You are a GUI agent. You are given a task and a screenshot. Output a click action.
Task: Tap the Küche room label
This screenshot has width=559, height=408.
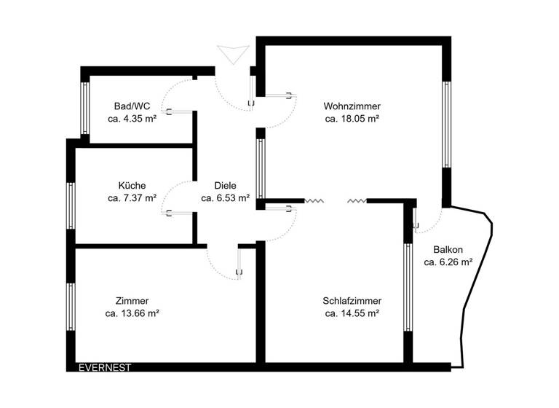tap(132, 185)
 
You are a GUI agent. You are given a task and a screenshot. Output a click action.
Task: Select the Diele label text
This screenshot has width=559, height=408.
tap(226, 185)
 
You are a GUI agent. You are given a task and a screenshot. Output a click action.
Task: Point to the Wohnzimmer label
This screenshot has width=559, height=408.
tap(352, 106)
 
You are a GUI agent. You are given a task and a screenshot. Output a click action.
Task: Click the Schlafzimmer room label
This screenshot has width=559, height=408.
tap(352, 301)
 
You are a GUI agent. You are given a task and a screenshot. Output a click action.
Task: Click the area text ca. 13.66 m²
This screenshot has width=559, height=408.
tap(132, 314)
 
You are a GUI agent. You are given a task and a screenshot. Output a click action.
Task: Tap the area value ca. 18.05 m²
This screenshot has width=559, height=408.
tap(352, 118)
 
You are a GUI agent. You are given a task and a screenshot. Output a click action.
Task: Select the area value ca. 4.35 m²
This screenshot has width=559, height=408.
tap(132, 118)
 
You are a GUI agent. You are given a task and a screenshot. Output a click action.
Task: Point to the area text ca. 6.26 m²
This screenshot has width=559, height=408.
tap(448, 262)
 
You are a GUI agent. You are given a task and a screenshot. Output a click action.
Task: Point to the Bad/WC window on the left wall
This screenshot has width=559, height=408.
tap(85, 106)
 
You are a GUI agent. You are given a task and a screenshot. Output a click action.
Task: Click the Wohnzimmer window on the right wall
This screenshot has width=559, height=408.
tap(446, 125)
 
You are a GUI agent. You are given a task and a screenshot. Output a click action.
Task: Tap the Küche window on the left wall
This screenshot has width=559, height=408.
tap(71, 205)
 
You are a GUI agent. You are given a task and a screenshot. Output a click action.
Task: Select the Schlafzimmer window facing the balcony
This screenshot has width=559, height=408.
tap(408, 288)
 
